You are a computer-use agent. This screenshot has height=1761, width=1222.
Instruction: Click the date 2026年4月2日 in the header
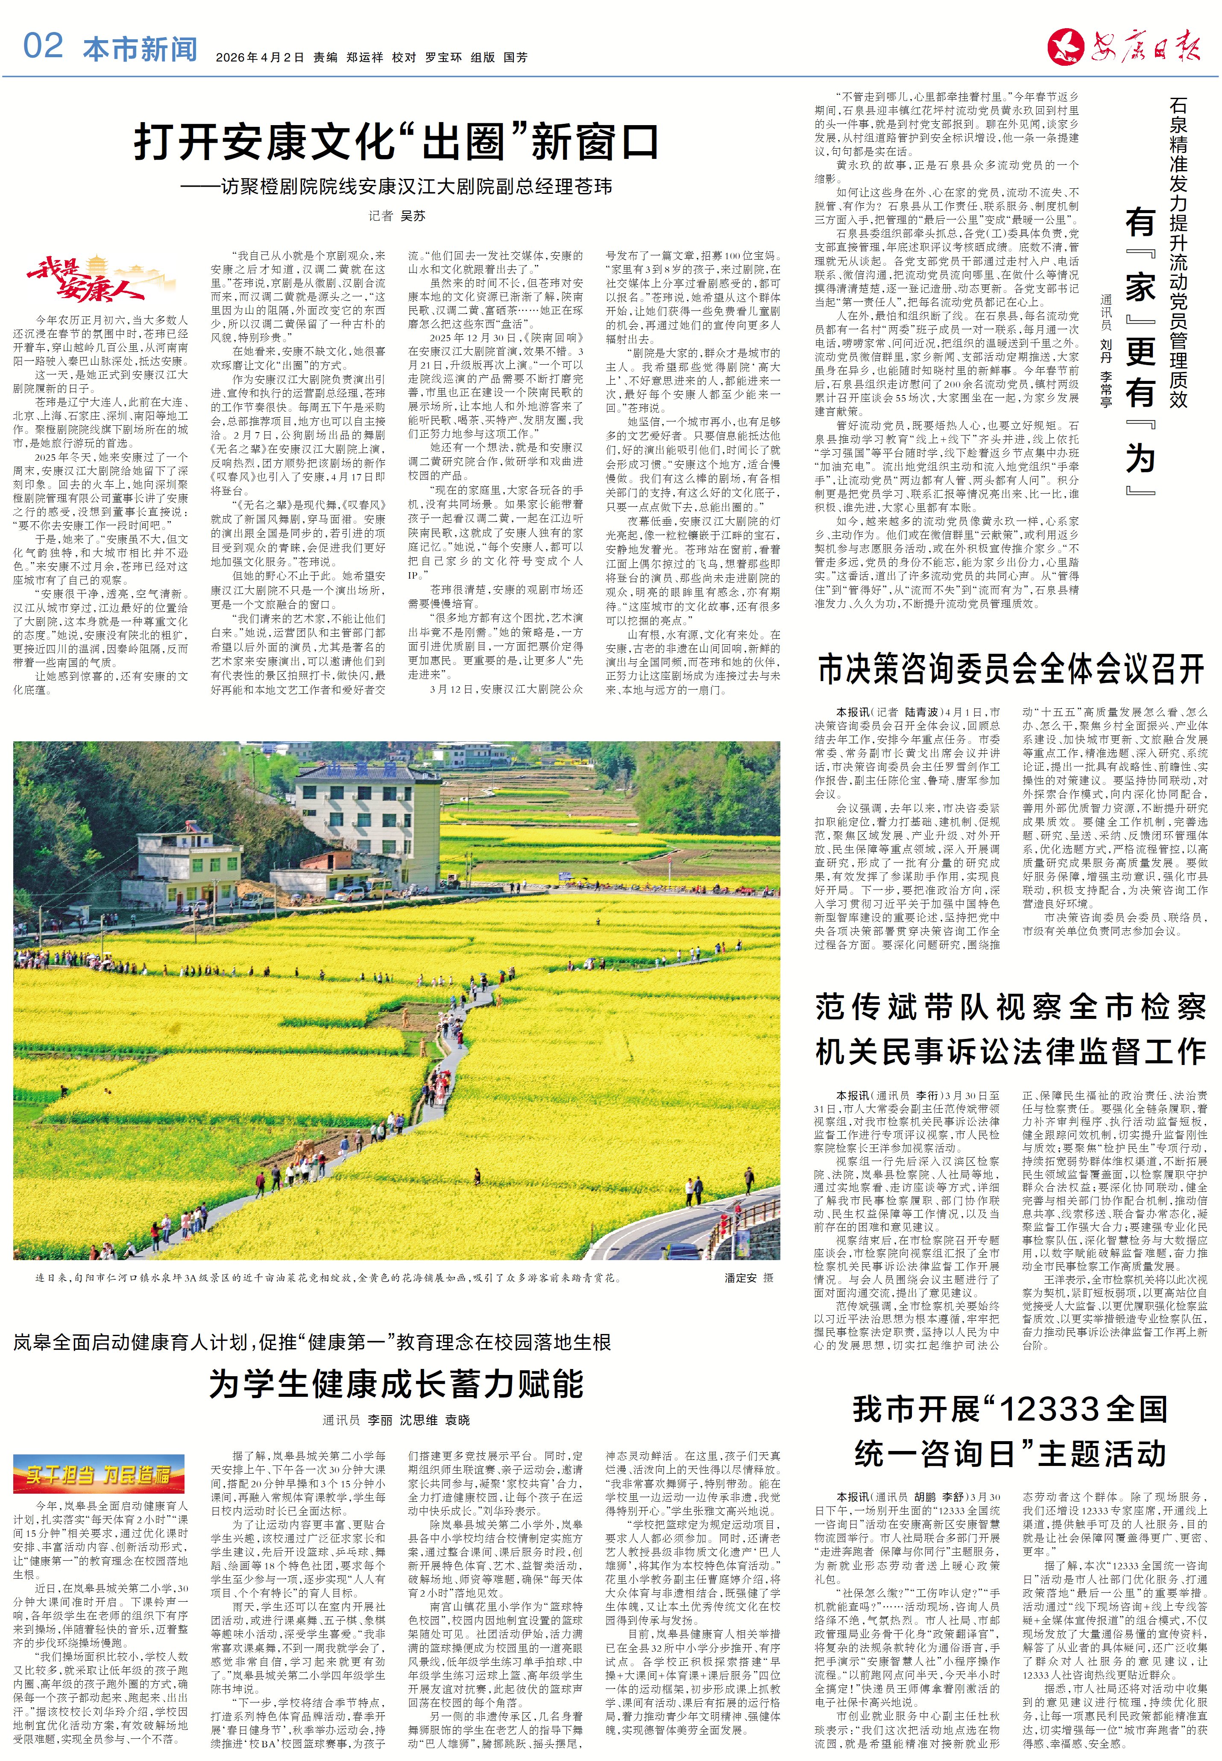coord(260,57)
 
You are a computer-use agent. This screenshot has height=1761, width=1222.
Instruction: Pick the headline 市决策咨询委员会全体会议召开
coord(1011,669)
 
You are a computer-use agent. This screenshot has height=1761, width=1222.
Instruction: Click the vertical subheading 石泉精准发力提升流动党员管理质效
coord(1178,252)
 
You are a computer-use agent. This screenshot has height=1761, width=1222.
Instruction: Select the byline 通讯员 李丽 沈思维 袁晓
coord(396,1420)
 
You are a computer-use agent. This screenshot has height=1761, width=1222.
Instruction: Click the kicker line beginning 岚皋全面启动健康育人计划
coord(312,1343)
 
